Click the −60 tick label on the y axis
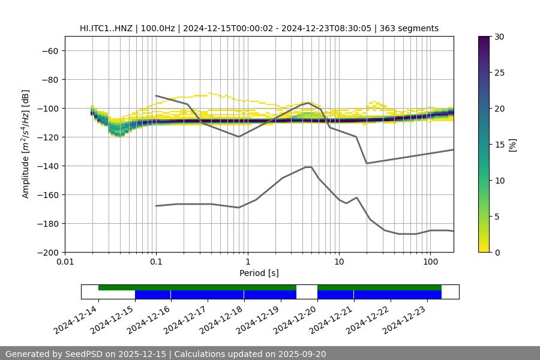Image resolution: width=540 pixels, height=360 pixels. [49, 51]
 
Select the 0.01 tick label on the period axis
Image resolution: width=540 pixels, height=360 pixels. [65, 262]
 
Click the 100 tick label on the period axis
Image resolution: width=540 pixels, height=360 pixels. [430, 262]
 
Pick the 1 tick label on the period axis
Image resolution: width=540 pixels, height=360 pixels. [247, 262]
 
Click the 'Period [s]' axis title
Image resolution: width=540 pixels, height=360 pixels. [259, 273]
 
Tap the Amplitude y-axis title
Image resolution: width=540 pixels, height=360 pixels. [26, 145]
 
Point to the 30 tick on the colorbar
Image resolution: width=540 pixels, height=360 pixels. [499, 37]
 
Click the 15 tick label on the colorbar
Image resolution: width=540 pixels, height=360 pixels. [499, 145]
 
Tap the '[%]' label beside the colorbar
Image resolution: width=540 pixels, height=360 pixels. [513, 145]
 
